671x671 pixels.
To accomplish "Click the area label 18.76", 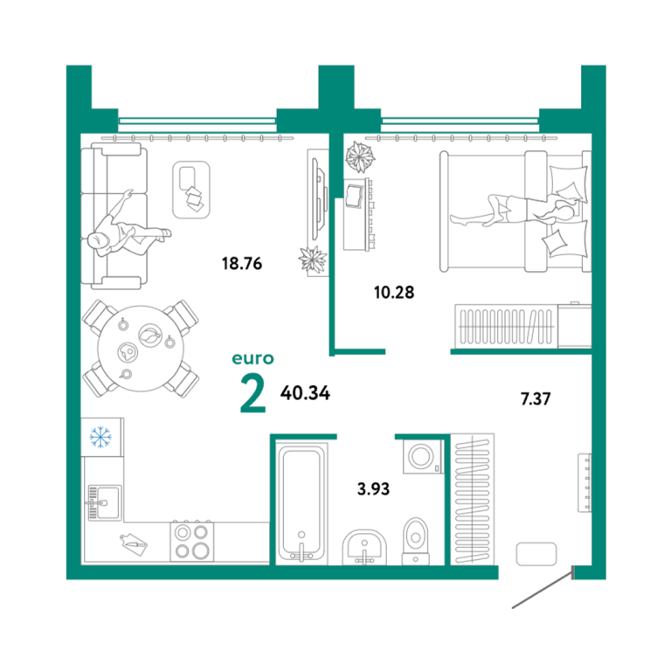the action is point(242,263).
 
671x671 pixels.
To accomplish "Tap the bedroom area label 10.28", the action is point(394,293).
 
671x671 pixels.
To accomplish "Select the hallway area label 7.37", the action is point(536,398).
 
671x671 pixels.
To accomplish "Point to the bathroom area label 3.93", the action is point(374,488).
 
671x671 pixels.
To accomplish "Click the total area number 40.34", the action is point(305,393).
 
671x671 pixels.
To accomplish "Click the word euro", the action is point(252,358).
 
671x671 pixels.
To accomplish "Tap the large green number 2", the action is point(253,393).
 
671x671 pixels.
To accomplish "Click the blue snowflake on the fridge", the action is point(100,437).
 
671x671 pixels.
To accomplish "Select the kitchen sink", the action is point(105,502).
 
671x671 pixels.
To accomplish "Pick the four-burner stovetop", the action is point(191,542).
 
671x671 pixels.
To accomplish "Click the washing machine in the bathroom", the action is point(423,457).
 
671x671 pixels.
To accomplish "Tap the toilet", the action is point(415,542).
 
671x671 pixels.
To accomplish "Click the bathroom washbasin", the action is point(364,548).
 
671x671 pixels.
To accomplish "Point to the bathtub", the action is point(301,504).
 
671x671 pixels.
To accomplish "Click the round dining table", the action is point(141,349).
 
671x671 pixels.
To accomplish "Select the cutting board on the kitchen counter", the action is point(134,544).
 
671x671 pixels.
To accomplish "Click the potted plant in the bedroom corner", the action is point(360,156).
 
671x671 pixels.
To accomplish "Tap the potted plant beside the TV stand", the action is point(313,259).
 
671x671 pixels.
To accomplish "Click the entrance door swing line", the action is point(543,587).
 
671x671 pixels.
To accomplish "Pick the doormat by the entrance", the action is point(536,554).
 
